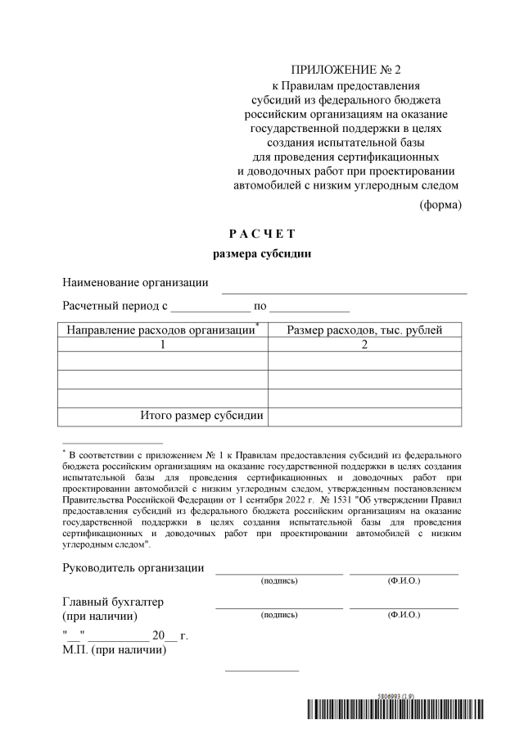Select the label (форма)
[440, 205]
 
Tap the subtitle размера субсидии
[261, 254]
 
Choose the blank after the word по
[309, 310]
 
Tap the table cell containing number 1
[162, 345]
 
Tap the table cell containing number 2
[366, 345]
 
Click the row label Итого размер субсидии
[201, 416]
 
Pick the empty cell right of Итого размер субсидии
[366, 417]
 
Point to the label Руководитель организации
[133, 568]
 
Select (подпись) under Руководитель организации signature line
[278, 580]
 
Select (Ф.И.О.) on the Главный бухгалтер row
[403, 614]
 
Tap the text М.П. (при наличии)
[115, 651]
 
